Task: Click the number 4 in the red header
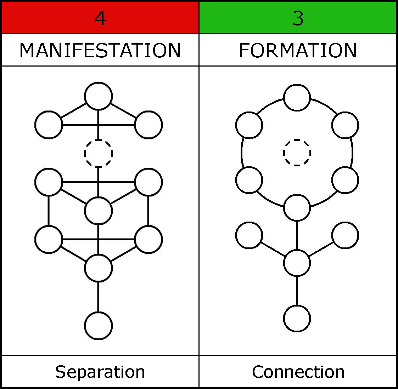(x=100, y=18)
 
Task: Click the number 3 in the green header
(x=298, y=18)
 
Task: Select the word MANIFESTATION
(x=100, y=50)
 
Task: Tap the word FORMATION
(x=298, y=50)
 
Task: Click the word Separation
(x=100, y=372)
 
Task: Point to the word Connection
(x=298, y=372)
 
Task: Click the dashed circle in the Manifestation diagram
(x=99, y=153)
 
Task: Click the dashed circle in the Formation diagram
(x=297, y=153)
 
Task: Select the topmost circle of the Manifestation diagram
(x=99, y=96)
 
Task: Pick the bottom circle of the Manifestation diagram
(x=99, y=326)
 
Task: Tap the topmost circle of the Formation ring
(x=297, y=98)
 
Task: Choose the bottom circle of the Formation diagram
(x=297, y=318)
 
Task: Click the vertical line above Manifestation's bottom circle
(x=99, y=297)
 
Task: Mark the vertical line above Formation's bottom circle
(x=297, y=290)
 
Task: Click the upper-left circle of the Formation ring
(x=249, y=125)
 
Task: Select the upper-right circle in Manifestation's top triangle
(x=148, y=125)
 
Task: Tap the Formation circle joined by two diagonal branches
(x=297, y=263)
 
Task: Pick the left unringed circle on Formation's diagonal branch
(x=249, y=235)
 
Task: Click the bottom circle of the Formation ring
(x=297, y=208)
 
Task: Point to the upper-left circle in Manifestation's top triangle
(x=49, y=125)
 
